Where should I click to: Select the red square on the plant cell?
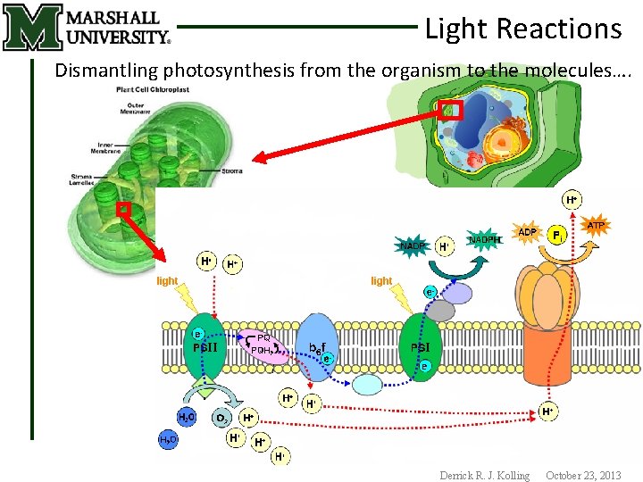450,111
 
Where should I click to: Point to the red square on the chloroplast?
124,209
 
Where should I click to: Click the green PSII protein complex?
205,347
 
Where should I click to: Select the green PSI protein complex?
421,347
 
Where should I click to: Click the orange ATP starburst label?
596,227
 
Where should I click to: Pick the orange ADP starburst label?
528,232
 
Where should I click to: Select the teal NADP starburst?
412,245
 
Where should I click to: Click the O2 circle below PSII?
221,417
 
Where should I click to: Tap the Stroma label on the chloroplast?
232,170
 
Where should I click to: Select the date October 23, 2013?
582,476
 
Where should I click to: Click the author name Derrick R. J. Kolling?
484,476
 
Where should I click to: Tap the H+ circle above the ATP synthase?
571,199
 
